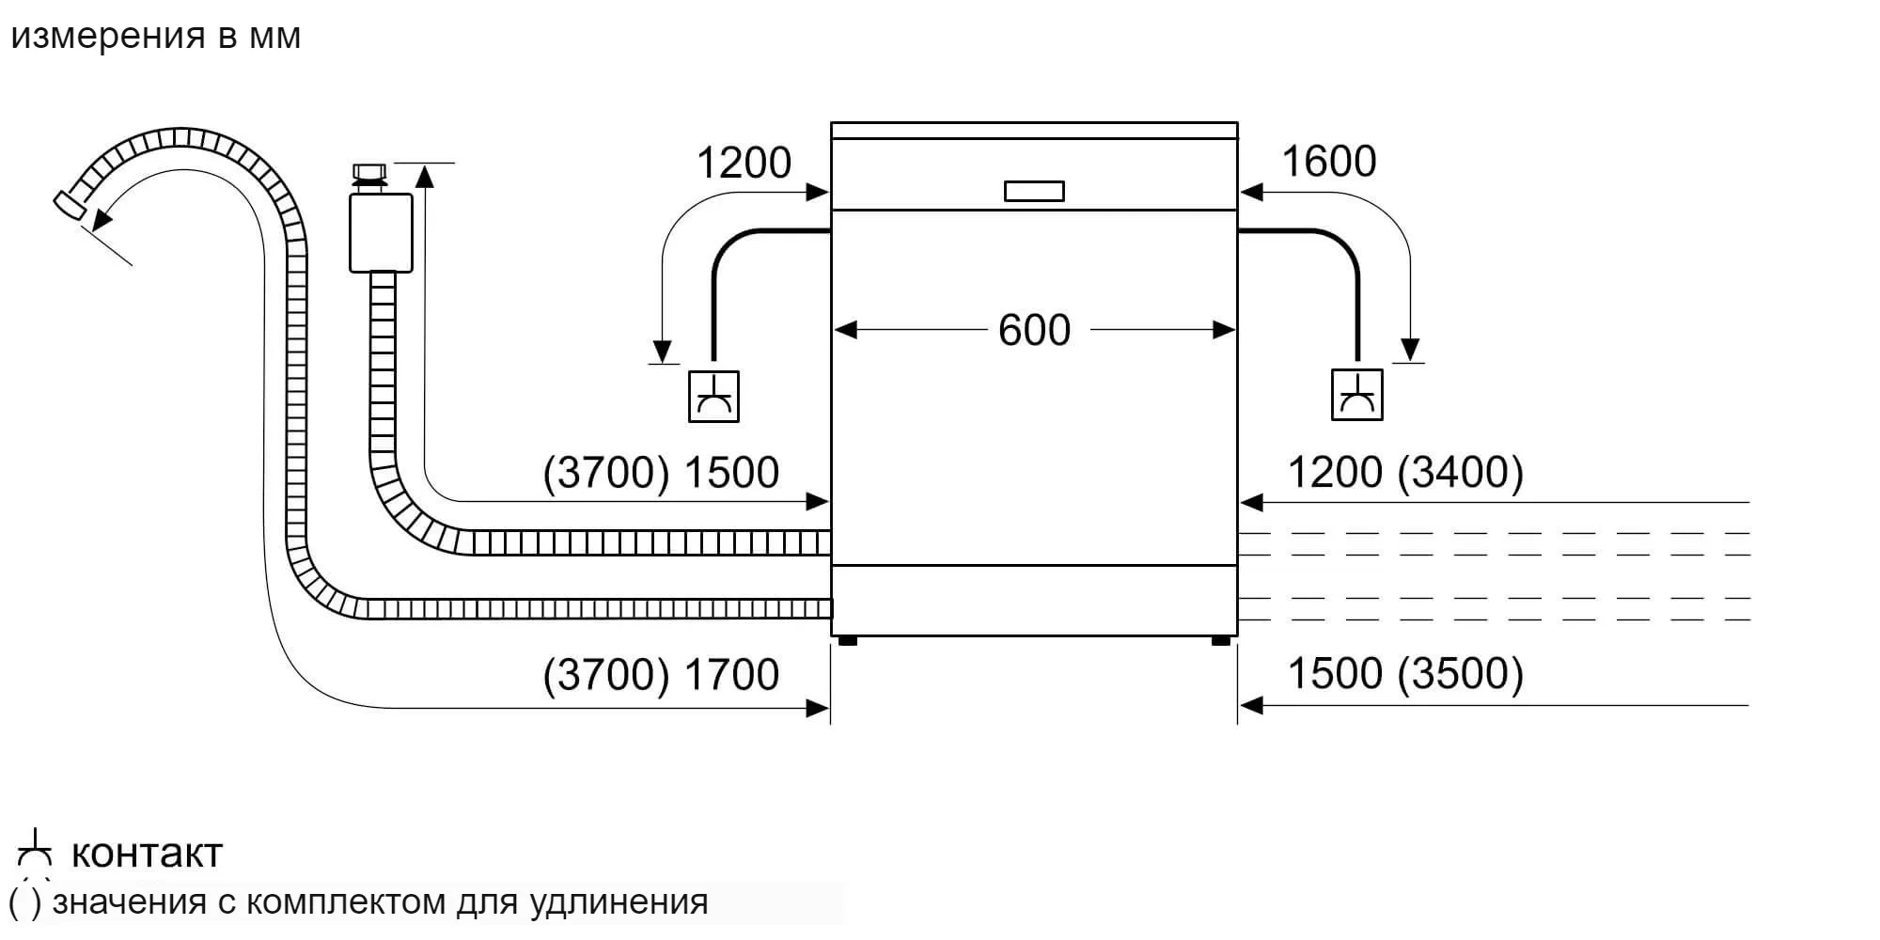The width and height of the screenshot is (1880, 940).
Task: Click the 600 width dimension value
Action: (x=1034, y=330)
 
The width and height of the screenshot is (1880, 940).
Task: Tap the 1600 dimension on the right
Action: (x=1328, y=162)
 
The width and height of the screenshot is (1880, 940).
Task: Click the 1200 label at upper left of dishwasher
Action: (x=744, y=164)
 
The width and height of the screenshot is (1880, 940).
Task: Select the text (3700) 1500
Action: (x=661, y=472)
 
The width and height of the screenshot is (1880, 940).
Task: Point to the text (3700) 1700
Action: (x=661, y=674)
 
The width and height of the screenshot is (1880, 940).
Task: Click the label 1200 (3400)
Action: (x=1404, y=472)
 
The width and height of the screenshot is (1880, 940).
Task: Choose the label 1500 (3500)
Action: (x=1404, y=673)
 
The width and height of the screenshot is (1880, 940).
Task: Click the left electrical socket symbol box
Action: (x=713, y=396)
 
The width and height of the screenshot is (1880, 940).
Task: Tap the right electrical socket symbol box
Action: (x=1356, y=395)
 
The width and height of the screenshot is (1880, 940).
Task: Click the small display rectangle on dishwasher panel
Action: (x=1034, y=191)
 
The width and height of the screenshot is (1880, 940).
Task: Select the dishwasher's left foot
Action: (x=847, y=641)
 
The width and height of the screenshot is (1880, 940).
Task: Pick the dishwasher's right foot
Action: (x=1220, y=641)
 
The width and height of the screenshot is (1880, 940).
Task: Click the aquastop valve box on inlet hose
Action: (x=381, y=232)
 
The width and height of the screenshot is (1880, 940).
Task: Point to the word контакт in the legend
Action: (x=147, y=854)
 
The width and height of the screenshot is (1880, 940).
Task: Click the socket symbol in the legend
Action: (x=35, y=850)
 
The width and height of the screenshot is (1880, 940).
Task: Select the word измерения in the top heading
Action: (x=107, y=36)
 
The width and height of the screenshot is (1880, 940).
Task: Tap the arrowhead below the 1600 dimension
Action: (x=1409, y=350)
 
